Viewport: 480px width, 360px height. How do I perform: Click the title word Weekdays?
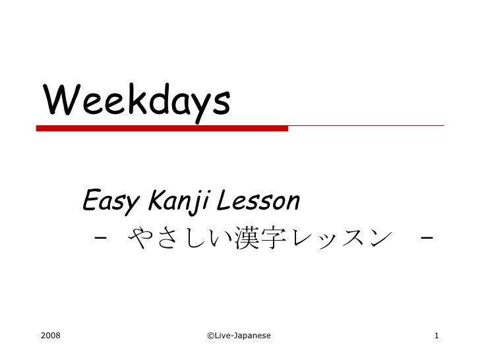pyautogui.click(x=137, y=101)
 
